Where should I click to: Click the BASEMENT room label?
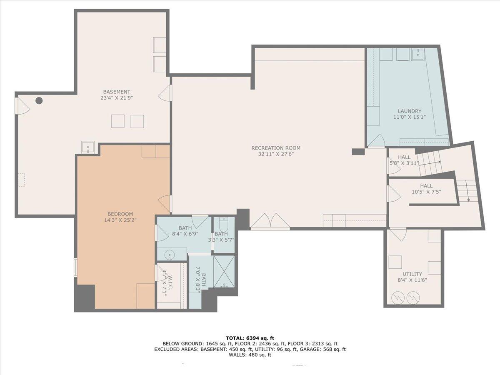tap(117, 92)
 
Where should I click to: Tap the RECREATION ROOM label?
tap(276, 148)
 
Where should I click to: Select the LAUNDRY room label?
tap(409, 111)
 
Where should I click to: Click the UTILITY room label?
tap(412, 274)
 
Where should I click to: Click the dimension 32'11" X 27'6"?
tap(276, 154)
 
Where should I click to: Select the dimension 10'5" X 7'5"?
tap(426, 192)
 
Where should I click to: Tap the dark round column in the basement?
tap(39, 100)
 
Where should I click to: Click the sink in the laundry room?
tap(417, 54)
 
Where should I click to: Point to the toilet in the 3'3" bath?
tap(224, 225)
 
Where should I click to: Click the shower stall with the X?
tap(224, 272)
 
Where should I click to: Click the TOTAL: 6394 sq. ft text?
tap(250, 338)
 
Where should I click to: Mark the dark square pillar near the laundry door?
tap(358, 152)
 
